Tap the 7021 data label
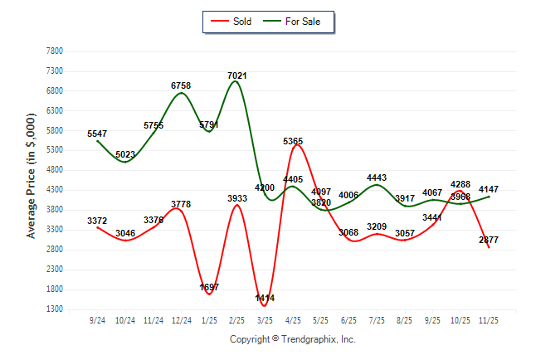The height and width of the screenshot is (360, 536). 237,75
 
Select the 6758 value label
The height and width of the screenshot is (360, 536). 181,85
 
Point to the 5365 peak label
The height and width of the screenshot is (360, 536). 293,141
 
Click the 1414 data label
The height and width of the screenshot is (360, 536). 266,298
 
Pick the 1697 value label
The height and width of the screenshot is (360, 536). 209,287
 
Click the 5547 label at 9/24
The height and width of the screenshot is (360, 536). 97,134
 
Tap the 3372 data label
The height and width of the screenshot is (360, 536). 97,221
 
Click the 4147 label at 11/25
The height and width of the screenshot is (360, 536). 490,190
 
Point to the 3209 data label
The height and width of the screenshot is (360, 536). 378,226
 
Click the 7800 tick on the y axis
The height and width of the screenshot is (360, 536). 55,51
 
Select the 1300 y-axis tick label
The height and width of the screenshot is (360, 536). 55,309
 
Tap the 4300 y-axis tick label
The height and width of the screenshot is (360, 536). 55,190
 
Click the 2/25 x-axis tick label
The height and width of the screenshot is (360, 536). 237,320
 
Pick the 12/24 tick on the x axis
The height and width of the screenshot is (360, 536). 181,320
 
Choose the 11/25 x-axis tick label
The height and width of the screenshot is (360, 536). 490,320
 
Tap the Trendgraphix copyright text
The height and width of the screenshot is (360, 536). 292,339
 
